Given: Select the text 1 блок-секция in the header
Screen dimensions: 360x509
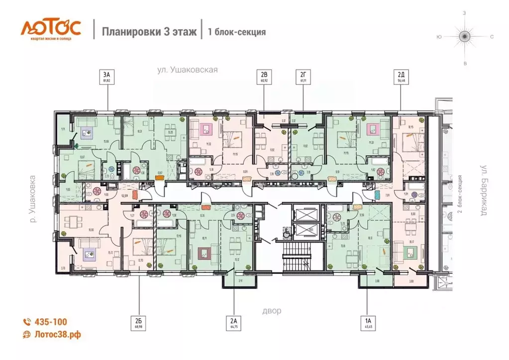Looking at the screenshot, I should point(236,32).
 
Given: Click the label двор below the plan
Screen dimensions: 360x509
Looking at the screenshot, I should point(272,311).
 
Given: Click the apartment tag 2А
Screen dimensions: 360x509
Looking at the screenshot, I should point(235,324).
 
